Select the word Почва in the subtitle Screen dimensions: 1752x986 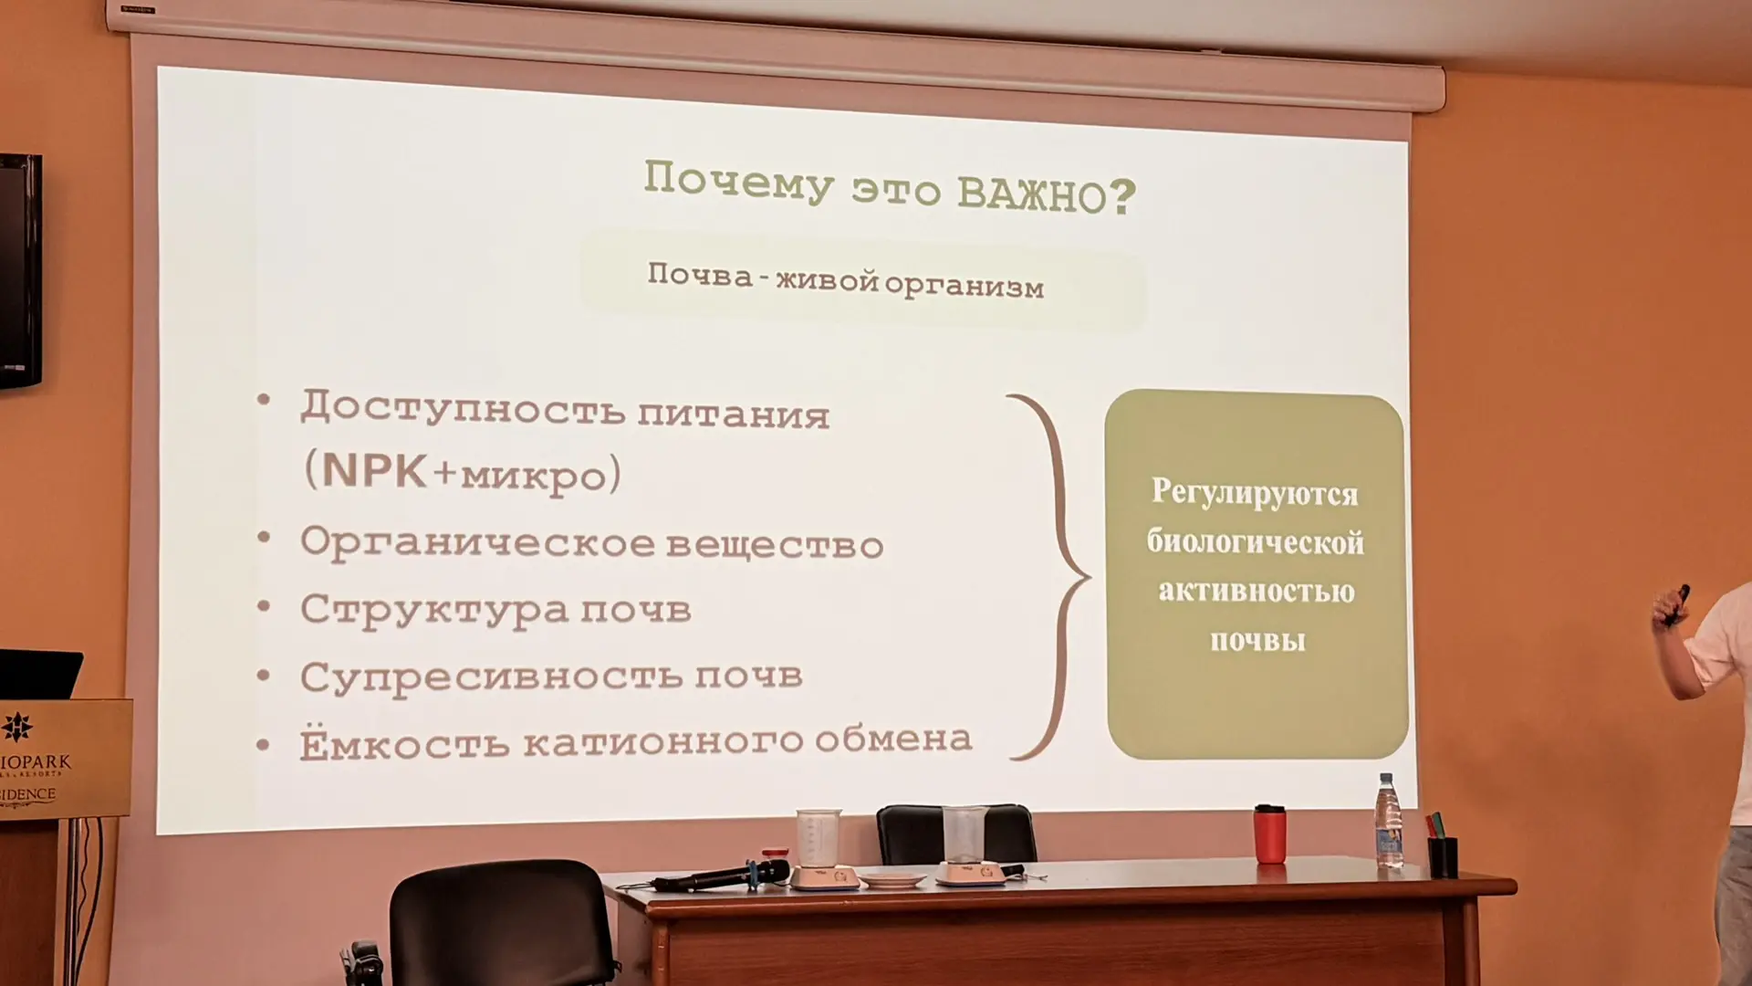(x=700, y=275)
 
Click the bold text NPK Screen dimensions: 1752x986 (x=375, y=470)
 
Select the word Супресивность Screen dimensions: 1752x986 (x=491, y=677)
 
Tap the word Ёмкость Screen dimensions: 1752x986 (x=404, y=741)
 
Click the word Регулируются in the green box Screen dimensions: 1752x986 (x=1255, y=494)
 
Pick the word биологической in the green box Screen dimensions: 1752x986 (x=1256, y=543)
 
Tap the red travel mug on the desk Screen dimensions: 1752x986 (x=1269, y=834)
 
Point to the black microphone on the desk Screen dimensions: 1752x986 (x=721, y=876)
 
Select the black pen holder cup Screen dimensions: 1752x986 (x=1443, y=856)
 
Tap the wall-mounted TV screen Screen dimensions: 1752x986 (x=19, y=270)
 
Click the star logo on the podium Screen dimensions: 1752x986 (x=16, y=727)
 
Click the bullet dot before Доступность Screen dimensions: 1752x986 (x=264, y=399)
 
